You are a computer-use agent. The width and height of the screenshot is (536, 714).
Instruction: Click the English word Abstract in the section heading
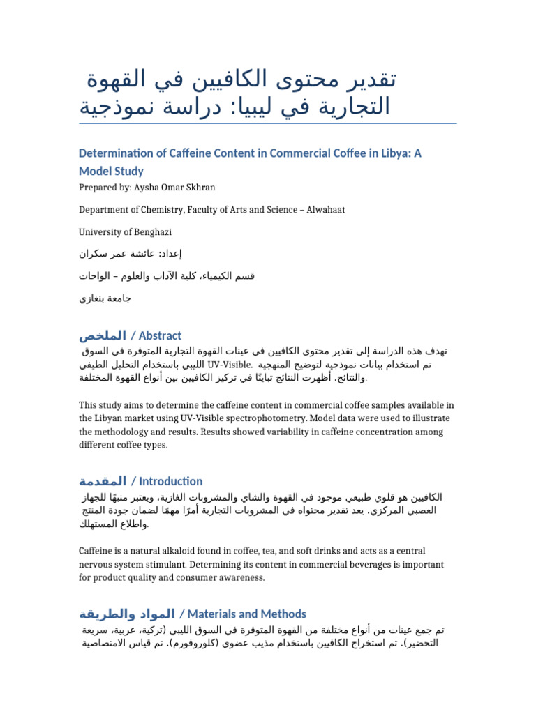[x=161, y=335]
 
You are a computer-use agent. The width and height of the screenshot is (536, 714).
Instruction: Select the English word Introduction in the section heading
[x=171, y=481]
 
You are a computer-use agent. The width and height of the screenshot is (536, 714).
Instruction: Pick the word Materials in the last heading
[x=211, y=614]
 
